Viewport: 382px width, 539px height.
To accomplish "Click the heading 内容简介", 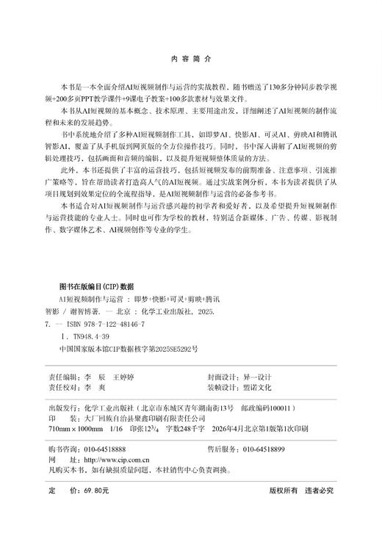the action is click(x=190, y=57).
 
